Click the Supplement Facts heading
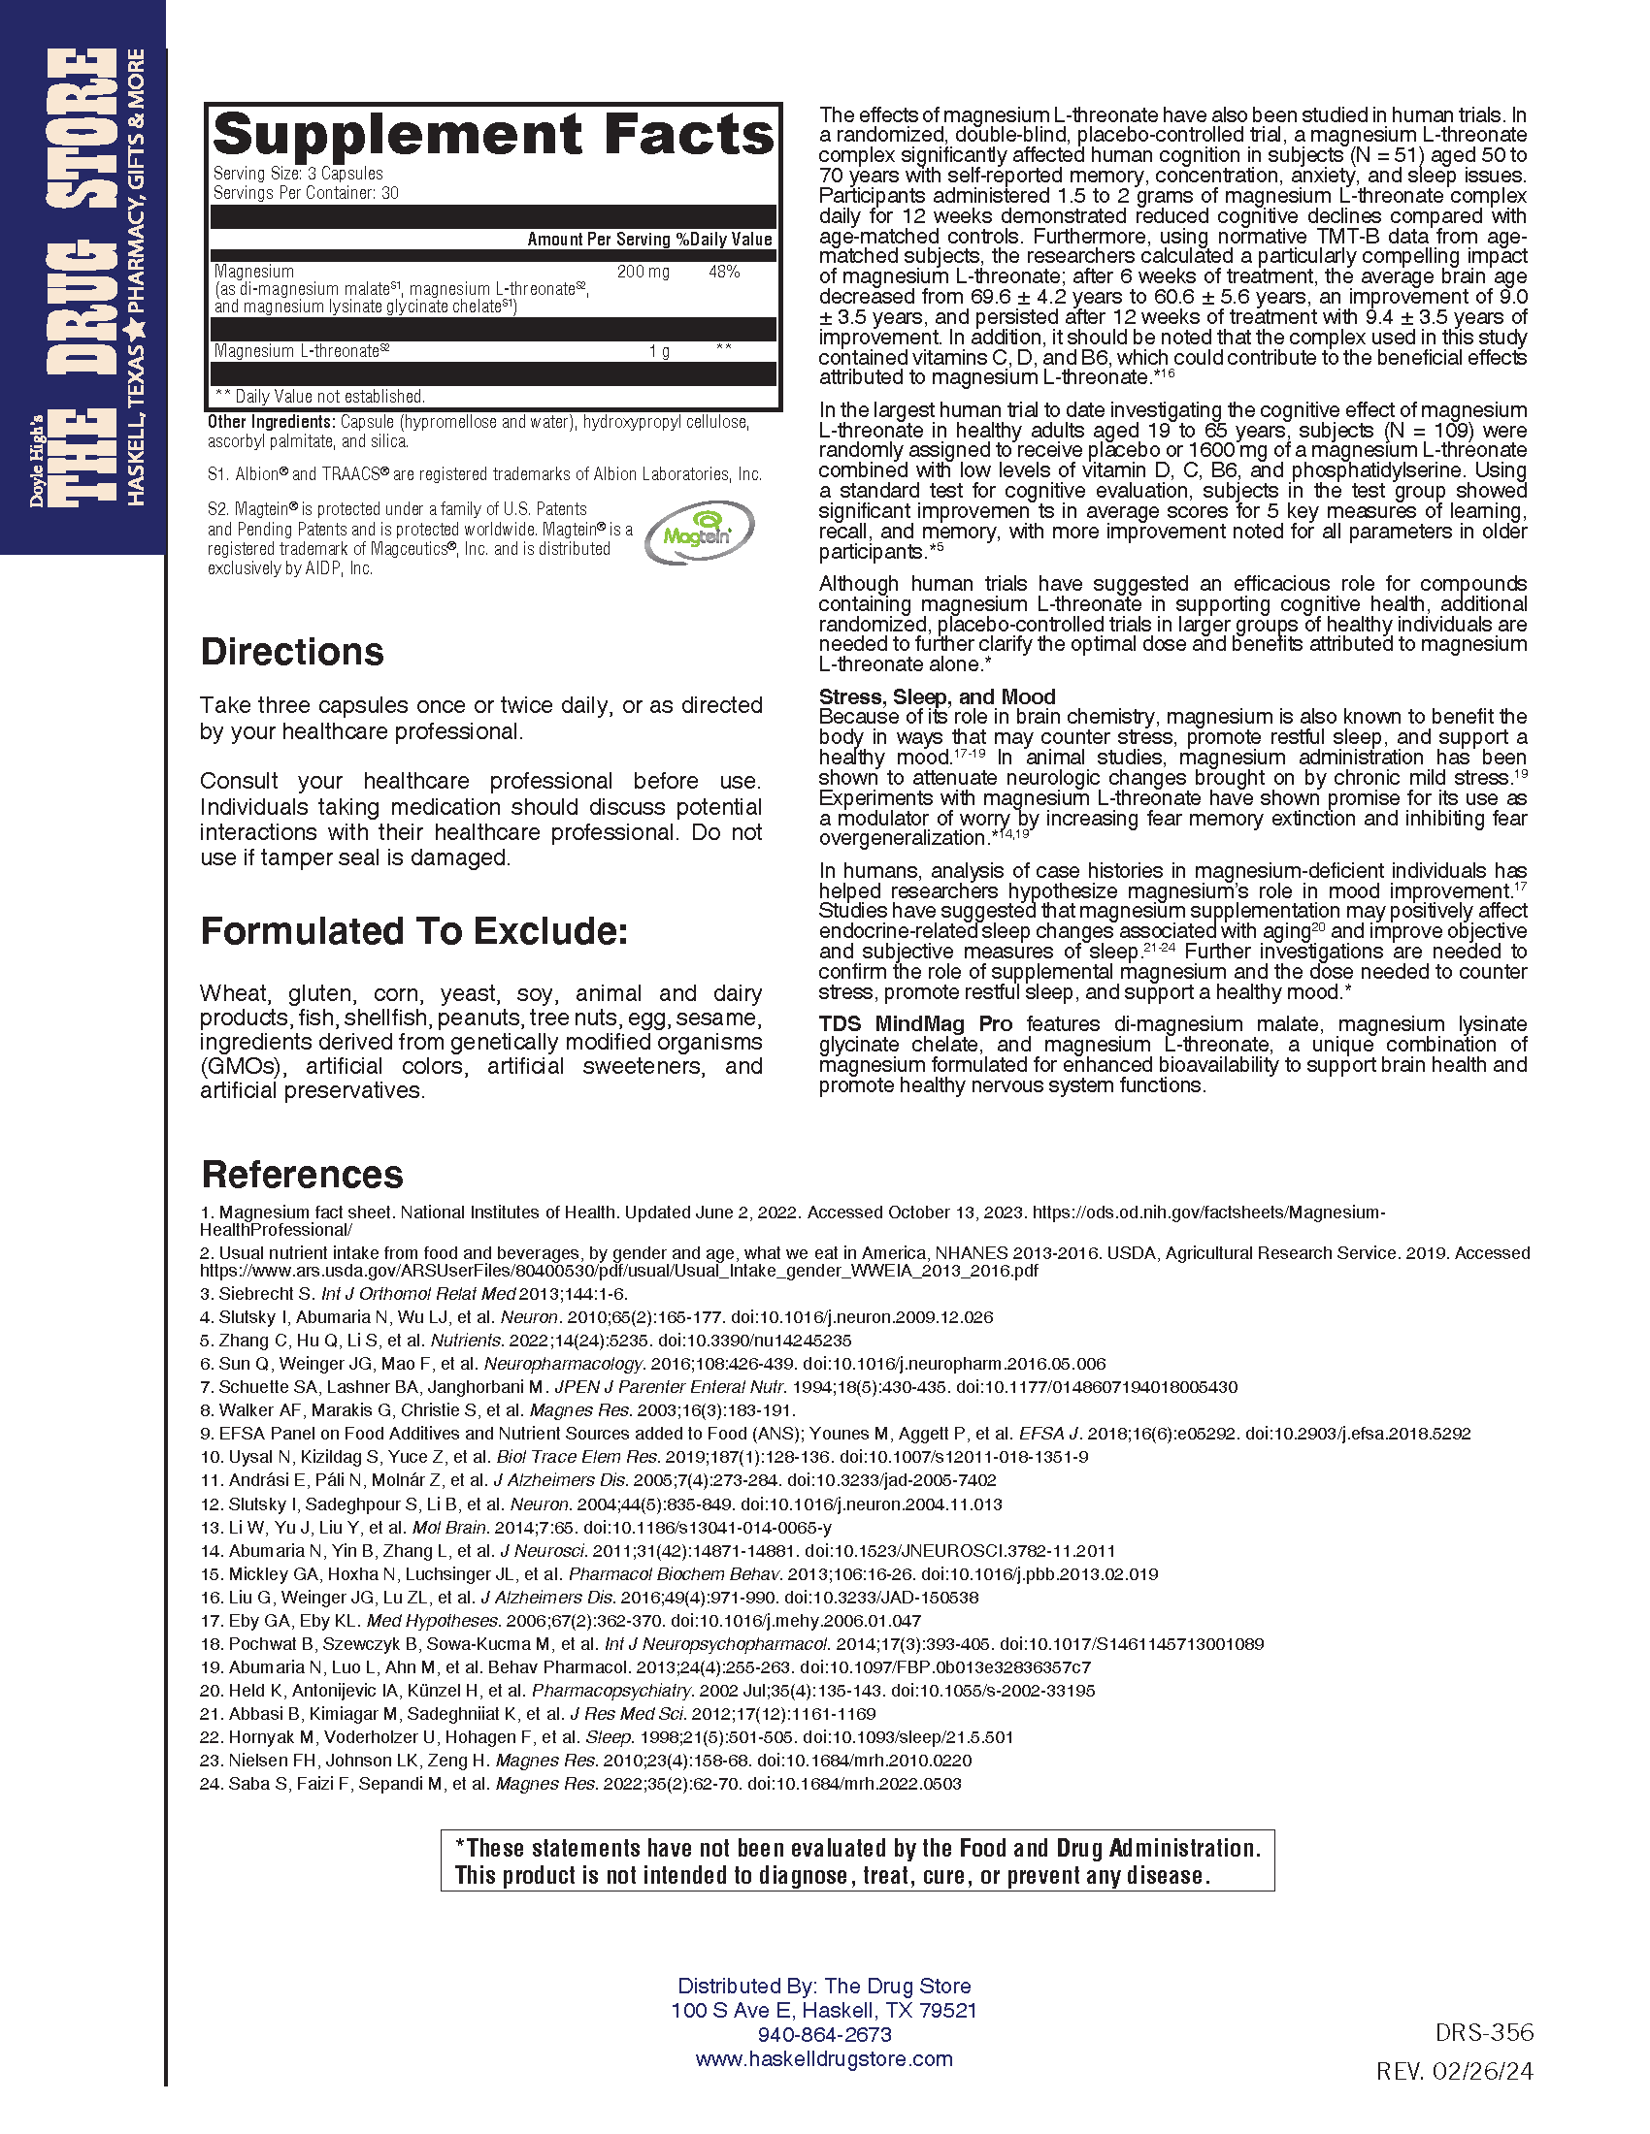pos(494,135)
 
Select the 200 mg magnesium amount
pos(643,272)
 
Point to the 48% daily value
pos(723,272)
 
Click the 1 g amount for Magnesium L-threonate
pos(659,351)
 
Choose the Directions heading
pos(291,652)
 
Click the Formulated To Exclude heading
pos(413,931)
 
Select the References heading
pos(302,1174)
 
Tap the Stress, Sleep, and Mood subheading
pos(937,696)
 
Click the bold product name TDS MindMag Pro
pos(915,1024)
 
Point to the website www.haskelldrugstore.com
pos(824,2058)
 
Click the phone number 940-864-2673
pos(824,2034)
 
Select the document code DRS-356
pos(1484,2032)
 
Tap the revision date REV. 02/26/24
pos(1454,2072)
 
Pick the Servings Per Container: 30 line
pos(306,193)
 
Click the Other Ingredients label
pos(271,422)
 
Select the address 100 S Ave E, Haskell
pos(824,2010)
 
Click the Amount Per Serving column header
pos(598,240)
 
